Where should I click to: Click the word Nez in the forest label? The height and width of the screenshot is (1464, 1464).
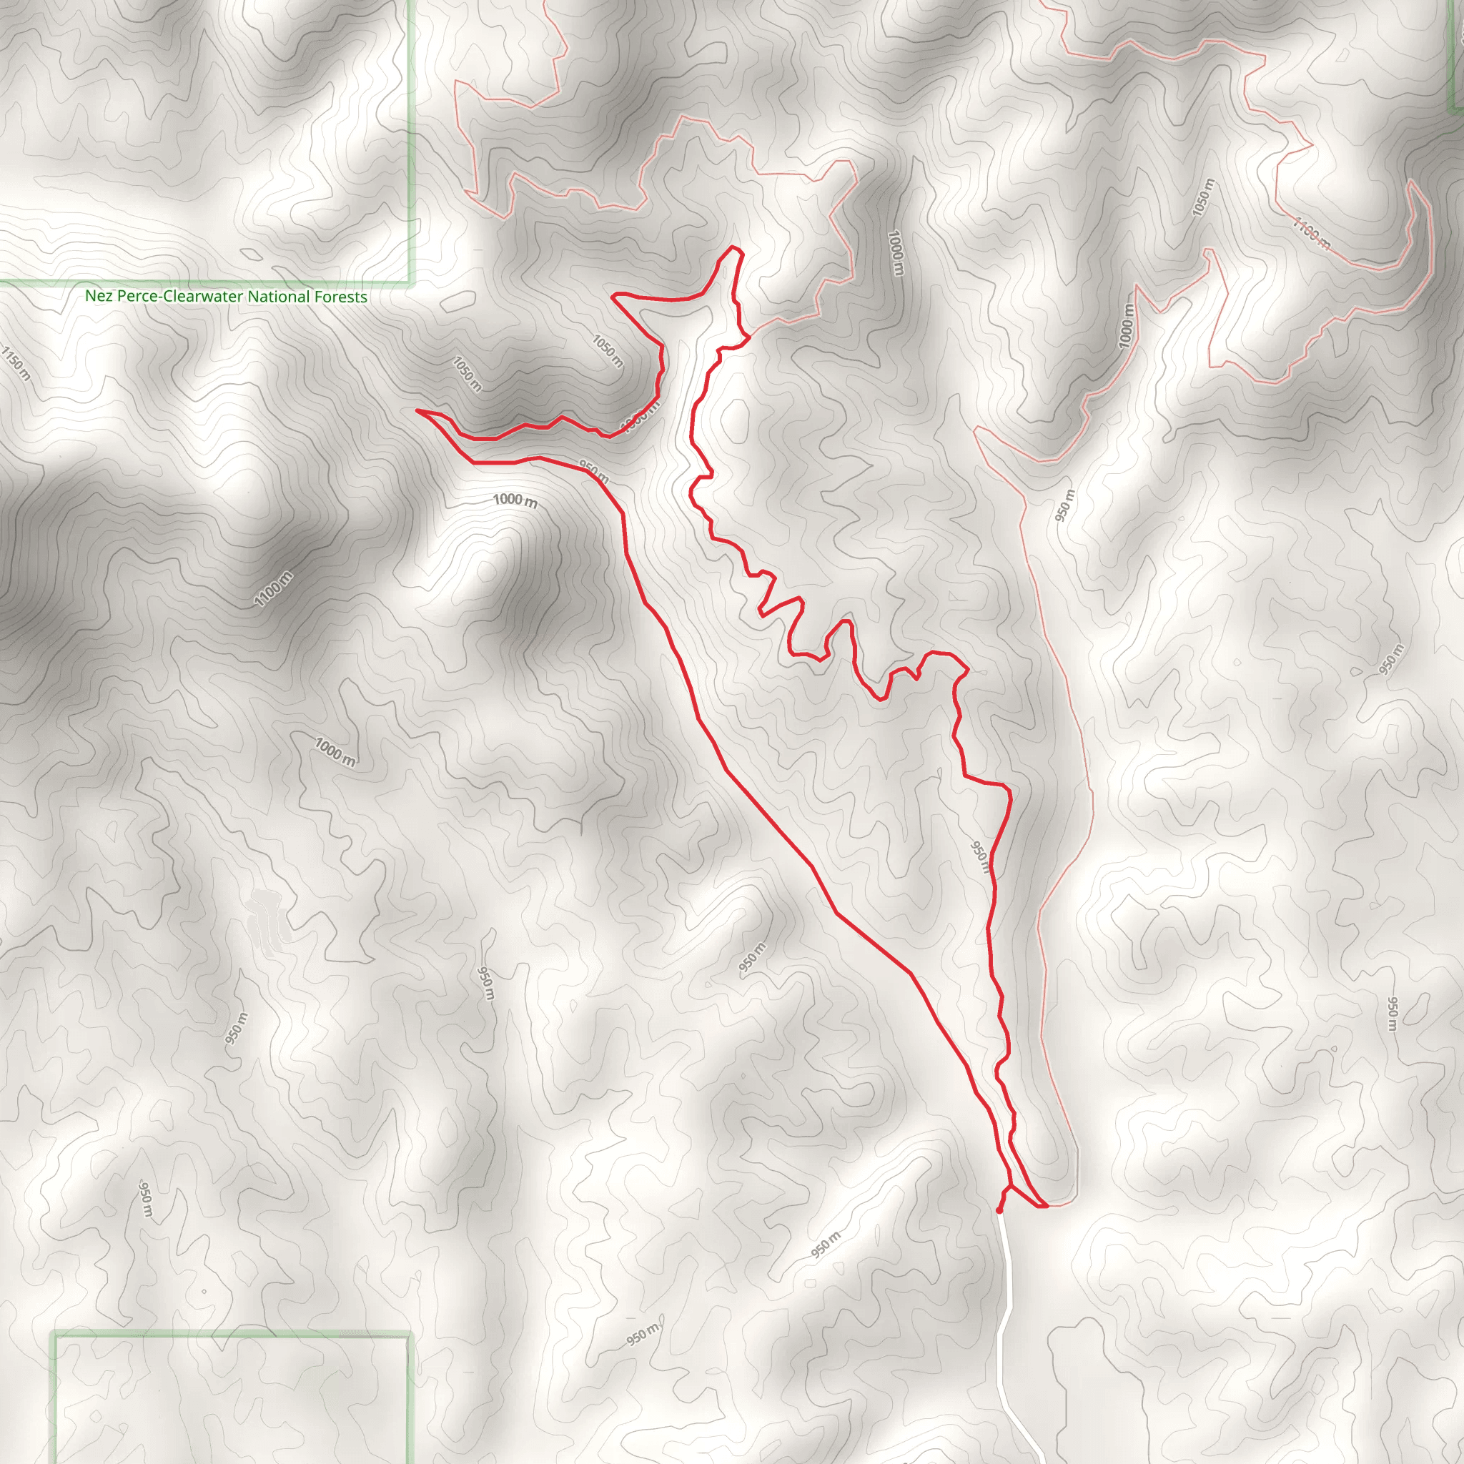[99, 296]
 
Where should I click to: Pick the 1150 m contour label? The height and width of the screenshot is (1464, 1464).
[15, 363]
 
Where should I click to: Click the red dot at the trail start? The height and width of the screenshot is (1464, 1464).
[999, 1210]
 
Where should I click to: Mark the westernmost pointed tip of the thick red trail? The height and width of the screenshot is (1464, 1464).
[417, 411]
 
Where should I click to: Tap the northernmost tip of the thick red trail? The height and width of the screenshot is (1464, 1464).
[732, 247]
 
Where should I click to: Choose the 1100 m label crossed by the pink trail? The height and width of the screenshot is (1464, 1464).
[1312, 233]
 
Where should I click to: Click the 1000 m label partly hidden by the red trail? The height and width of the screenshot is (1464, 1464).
[638, 419]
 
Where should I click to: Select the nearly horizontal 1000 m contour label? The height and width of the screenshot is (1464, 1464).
[515, 500]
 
